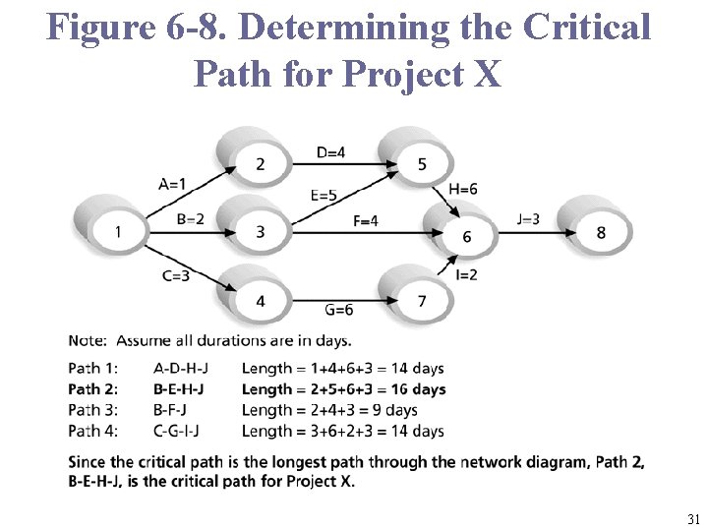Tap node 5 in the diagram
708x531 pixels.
click(422, 164)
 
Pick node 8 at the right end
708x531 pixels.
click(601, 232)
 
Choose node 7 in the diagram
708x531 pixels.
click(422, 301)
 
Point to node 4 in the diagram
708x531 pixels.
click(260, 301)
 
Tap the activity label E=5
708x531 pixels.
click(324, 196)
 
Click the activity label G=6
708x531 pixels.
click(339, 310)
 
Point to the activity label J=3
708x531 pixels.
click(528, 218)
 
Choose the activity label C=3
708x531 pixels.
click(177, 275)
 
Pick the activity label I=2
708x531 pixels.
click(466, 274)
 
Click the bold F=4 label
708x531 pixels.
click(366, 221)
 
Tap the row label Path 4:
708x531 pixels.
click(93, 431)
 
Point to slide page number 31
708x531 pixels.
click(693, 519)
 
